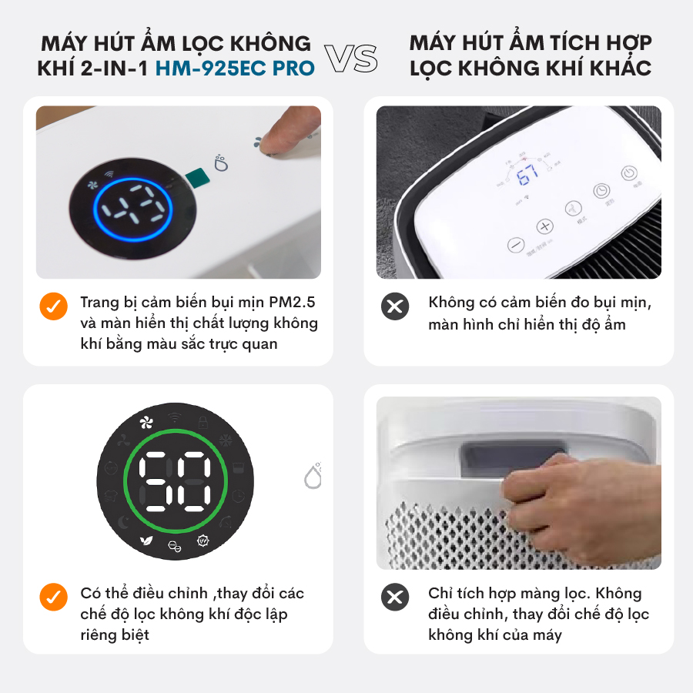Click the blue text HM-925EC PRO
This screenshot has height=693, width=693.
click(x=235, y=68)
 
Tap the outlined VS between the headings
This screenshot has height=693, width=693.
click(x=351, y=58)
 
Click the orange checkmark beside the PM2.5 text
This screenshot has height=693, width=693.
click(x=53, y=306)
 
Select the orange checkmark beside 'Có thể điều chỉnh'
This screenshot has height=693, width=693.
click(x=53, y=597)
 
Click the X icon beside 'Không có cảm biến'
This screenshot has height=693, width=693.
click(x=395, y=306)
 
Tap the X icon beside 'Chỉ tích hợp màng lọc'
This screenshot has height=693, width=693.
click(x=395, y=597)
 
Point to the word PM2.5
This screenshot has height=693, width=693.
click(x=292, y=303)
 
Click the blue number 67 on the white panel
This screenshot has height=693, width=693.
click(x=527, y=174)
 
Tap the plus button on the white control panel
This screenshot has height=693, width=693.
click(x=544, y=226)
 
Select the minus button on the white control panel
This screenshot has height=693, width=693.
click(x=516, y=244)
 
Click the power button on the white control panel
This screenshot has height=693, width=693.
click(x=629, y=172)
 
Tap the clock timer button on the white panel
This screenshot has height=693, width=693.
click(x=601, y=190)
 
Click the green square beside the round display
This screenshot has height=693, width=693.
click(x=197, y=178)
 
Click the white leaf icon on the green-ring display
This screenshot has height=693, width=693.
click(x=146, y=540)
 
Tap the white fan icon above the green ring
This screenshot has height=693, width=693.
click(x=146, y=423)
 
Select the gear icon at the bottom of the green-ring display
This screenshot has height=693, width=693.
click(x=203, y=540)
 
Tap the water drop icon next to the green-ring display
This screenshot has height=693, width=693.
click(x=313, y=476)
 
